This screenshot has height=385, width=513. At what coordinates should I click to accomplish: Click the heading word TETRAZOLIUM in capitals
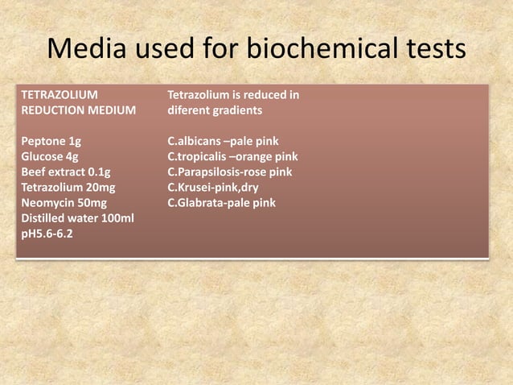[x=60, y=95]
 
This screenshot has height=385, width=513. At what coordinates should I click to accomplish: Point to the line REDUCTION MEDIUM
[x=78, y=110]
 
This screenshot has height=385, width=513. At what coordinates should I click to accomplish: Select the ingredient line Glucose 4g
[x=50, y=156]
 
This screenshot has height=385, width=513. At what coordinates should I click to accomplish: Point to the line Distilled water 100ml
[x=77, y=218]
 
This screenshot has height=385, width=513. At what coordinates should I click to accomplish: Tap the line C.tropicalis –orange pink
[x=232, y=156]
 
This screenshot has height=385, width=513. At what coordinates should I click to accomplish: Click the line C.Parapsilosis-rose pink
[x=230, y=172]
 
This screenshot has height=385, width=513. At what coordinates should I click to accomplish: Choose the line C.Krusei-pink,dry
[x=212, y=187]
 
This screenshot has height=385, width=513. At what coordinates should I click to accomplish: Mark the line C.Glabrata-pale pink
[x=221, y=202]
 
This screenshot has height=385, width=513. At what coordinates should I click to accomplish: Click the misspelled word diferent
[x=188, y=110]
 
